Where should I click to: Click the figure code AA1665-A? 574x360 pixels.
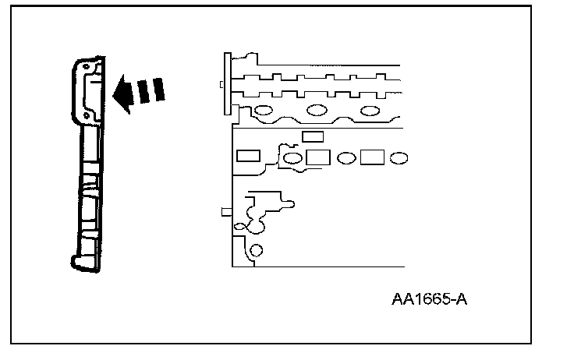coord(428,300)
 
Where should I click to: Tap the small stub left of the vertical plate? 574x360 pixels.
coord(222,84)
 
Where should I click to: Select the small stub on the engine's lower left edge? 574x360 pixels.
coord(225,211)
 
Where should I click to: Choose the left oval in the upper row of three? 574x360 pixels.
coord(263,110)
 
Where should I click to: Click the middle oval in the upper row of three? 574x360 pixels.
coord(317,110)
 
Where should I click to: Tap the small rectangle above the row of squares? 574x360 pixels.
coord(313,136)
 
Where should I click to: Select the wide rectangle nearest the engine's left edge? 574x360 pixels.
coord(249,156)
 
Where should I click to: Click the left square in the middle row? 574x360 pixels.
coord(317,157)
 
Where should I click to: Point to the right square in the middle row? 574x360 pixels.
coord(371,157)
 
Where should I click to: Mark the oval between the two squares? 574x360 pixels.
coord(345,158)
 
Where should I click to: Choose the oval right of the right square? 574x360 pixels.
coord(398,158)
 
